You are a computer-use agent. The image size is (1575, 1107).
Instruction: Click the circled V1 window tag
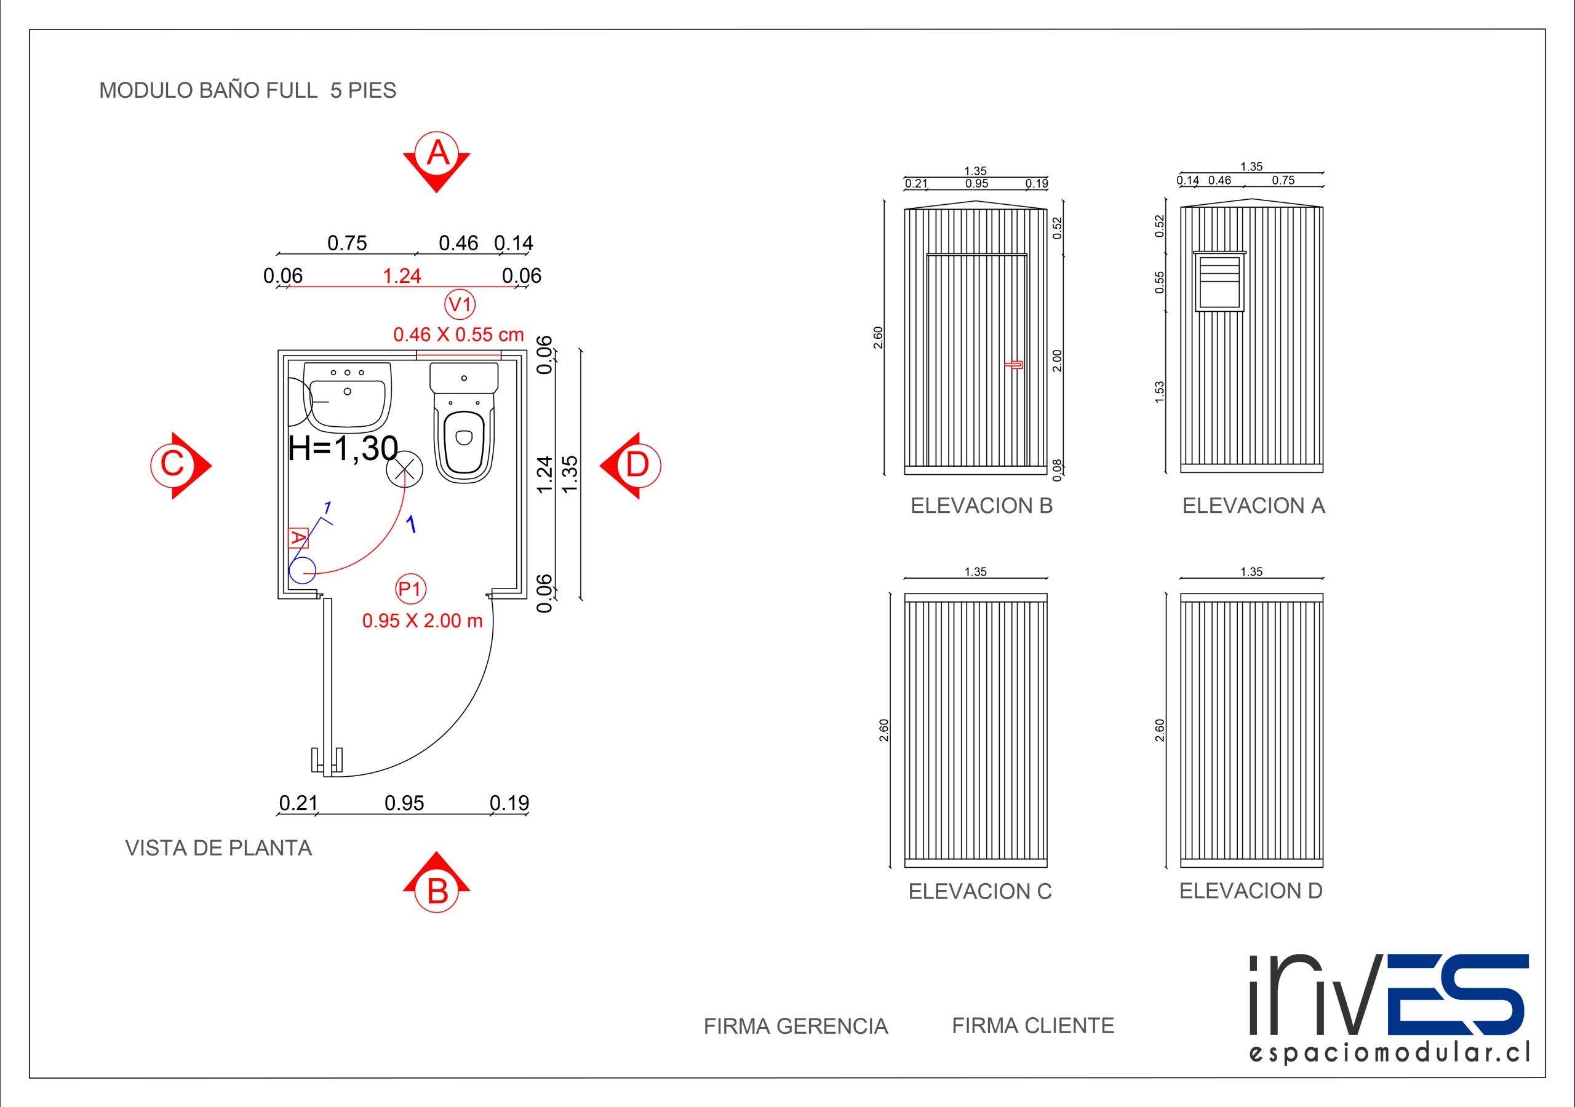(x=460, y=304)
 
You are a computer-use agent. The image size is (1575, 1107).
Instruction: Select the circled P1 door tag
(x=410, y=589)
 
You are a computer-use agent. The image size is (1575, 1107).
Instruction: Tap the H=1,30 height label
(x=343, y=448)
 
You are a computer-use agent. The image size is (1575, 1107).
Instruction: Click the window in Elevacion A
(x=1219, y=281)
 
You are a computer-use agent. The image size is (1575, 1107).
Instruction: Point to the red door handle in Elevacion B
(x=1014, y=364)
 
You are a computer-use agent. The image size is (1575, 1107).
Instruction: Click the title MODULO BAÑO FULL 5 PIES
(x=248, y=90)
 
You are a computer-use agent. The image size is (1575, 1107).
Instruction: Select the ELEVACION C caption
(x=979, y=891)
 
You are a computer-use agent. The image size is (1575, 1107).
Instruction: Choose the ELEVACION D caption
(x=1251, y=891)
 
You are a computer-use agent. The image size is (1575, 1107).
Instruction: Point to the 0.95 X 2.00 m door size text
(x=423, y=621)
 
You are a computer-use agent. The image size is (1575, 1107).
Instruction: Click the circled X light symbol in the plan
(x=404, y=469)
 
